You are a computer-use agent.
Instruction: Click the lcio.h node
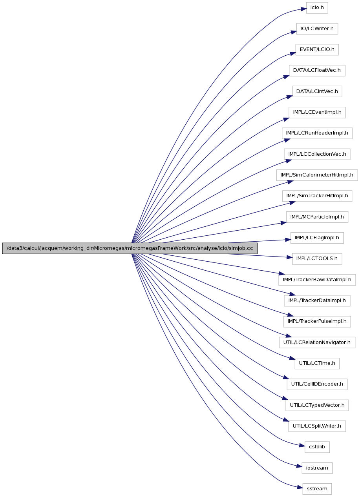point(317,8)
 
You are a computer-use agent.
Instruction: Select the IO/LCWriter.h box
point(317,29)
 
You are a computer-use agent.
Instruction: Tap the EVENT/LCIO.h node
point(317,49)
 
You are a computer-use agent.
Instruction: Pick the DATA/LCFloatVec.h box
point(317,71)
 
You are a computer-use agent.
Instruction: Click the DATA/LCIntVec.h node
point(317,91)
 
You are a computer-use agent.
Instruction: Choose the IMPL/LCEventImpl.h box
point(317,112)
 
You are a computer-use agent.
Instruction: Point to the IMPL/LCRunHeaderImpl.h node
point(317,133)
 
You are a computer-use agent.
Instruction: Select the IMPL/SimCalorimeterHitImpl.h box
point(317,175)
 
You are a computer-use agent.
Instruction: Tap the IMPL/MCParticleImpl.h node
point(317,217)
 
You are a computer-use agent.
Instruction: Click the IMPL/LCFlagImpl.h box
point(317,238)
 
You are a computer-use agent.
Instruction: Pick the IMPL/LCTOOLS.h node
point(317,259)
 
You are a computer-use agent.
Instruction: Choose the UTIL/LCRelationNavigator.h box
point(317,342)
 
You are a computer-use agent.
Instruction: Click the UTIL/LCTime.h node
point(317,363)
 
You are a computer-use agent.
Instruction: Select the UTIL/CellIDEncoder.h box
point(317,384)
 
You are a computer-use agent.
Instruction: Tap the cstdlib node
point(317,447)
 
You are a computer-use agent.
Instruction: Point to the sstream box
point(317,489)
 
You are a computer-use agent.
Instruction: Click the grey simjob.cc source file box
point(130,248)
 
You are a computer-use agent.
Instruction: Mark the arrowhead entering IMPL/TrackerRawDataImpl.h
point(282,273)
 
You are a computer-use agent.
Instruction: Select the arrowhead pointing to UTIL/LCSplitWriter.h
point(286,420)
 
